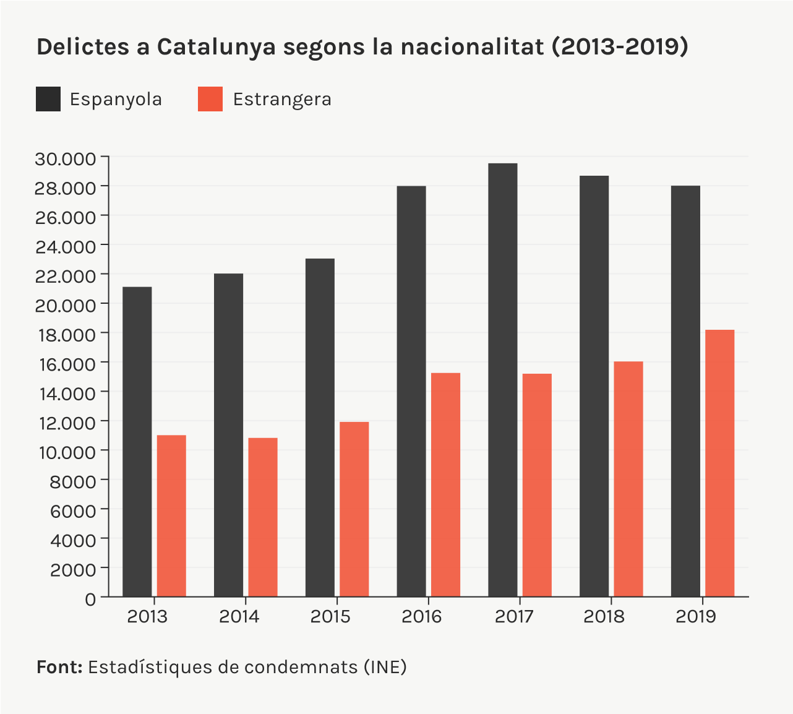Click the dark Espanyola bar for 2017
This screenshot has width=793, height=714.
coord(502,380)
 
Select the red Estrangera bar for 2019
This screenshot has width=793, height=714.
coord(719,463)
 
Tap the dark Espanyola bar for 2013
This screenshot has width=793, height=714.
coord(137,442)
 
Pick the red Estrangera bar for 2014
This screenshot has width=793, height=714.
coord(263,517)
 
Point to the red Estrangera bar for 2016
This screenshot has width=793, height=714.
coord(445,485)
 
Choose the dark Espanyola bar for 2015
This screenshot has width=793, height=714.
coord(320,428)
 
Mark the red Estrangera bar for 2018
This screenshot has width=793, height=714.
coord(628,479)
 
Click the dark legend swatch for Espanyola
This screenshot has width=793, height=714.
coord(48,99)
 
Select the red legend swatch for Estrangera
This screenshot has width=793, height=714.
coord(210,99)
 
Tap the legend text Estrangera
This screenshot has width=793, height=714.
coord(282,99)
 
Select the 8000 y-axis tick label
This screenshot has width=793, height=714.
coord(73,481)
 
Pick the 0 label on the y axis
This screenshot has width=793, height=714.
coord(90,598)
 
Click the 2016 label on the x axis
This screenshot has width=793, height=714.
coord(422,616)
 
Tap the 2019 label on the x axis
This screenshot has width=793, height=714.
coord(696,616)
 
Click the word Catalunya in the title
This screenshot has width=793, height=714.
coord(216,47)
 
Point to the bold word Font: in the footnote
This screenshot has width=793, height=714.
coord(59,667)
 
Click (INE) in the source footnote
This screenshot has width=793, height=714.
coord(385,667)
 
